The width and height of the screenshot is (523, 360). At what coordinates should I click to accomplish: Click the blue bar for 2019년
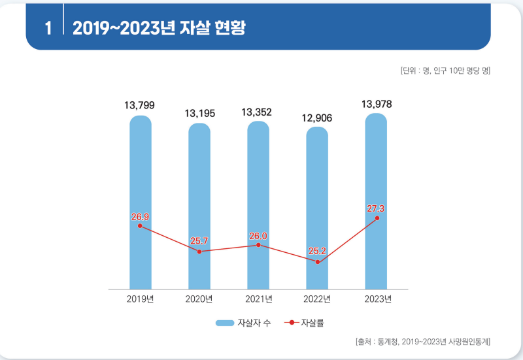point(141,203)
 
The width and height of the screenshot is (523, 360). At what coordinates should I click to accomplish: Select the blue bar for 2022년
point(317,208)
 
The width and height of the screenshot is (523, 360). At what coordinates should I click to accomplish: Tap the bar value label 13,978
point(377,105)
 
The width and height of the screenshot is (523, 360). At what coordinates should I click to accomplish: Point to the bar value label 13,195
point(200,114)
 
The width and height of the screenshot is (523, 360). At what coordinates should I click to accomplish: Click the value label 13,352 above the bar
point(256,112)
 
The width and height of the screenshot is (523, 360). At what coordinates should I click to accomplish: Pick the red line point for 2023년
point(377,218)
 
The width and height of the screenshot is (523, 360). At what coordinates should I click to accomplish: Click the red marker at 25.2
point(318,262)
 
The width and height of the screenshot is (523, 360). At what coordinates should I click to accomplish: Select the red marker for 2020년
point(199,252)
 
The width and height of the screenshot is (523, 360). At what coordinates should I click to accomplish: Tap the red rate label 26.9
point(140,217)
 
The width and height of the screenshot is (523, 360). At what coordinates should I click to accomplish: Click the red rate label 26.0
point(258,236)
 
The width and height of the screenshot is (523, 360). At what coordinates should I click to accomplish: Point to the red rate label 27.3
point(375,208)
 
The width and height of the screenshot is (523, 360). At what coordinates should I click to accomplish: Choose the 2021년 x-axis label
point(258,299)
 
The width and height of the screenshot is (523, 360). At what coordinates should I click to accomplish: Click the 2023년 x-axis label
point(378,299)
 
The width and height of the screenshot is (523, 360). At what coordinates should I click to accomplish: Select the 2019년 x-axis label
point(140,299)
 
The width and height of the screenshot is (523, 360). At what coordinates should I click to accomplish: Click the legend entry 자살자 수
point(243,323)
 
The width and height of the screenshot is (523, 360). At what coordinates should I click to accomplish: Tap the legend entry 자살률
point(304,323)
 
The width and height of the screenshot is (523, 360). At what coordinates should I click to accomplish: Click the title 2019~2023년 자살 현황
point(159,27)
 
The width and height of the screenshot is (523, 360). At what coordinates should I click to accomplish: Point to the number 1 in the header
point(48,28)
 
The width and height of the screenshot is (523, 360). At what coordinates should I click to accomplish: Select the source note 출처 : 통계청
point(377,342)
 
